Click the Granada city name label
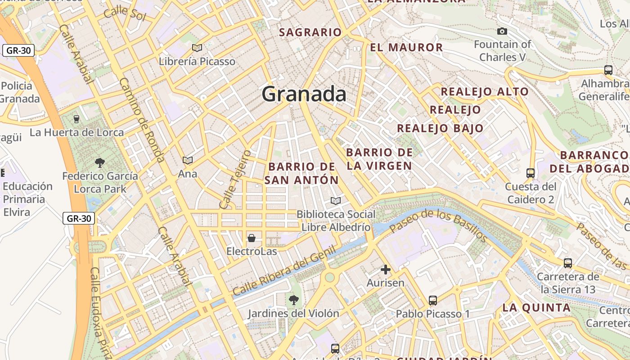click(304, 94)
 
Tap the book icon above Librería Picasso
click(197, 48)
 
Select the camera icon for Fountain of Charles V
click(502, 31)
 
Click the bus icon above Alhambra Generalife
click(608, 70)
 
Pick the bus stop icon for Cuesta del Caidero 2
click(531, 173)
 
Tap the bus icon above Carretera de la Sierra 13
click(568, 263)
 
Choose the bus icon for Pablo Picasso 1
click(433, 300)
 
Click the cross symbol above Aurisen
click(385, 270)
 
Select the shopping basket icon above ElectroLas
click(252, 237)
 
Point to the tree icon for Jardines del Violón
click(293, 299)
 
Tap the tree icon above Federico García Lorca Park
click(100, 162)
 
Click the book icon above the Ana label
click(188, 160)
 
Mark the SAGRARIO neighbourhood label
click(310, 32)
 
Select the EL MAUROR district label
click(406, 47)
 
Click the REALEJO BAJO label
click(440, 128)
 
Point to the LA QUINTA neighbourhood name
click(536, 308)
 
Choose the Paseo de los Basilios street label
click(438, 225)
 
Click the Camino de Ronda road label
click(141, 120)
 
